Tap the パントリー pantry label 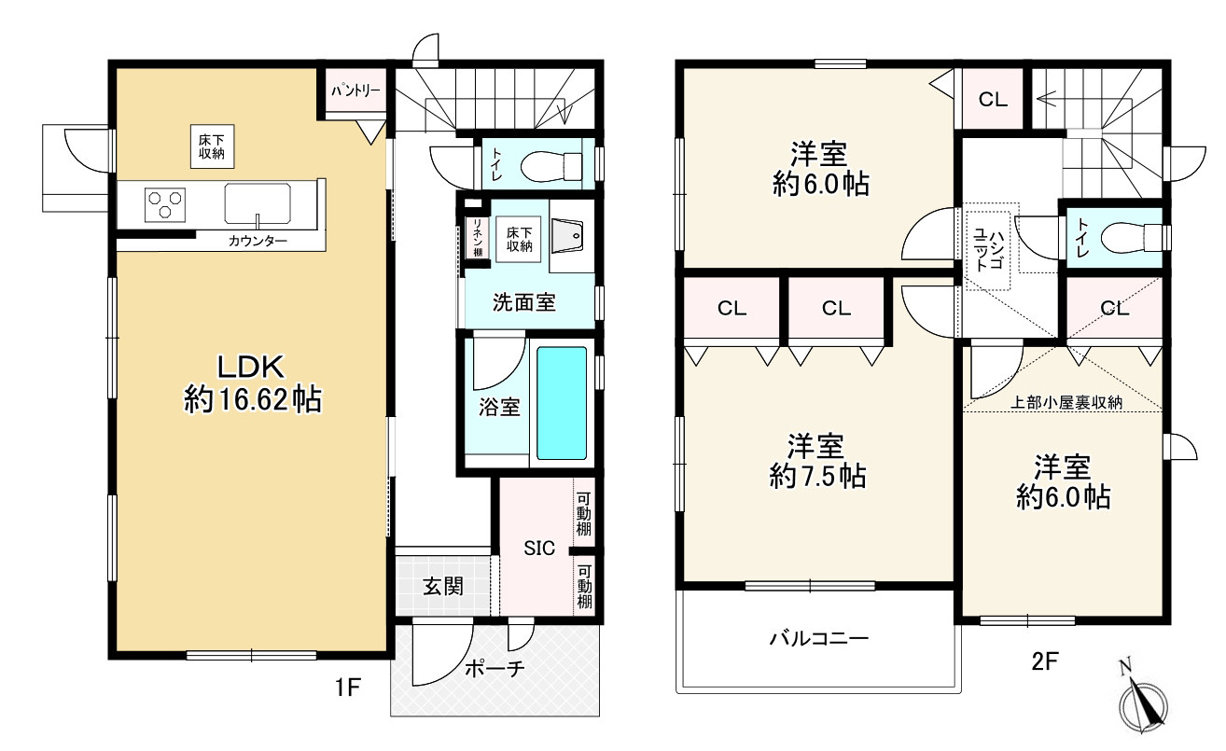pyautogui.click(x=355, y=90)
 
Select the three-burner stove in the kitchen pyautogui.click(x=165, y=204)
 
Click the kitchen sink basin pyautogui.click(x=258, y=203)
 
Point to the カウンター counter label pyautogui.click(x=258, y=241)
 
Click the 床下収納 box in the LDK pyautogui.click(x=213, y=146)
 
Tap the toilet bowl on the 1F pyautogui.click(x=550, y=166)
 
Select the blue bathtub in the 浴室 pyautogui.click(x=562, y=403)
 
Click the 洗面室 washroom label pyautogui.click(x=523, y=302)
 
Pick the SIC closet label pyautogui.click(x=539, y=548)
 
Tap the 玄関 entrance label pyautogui.click(x=443, y=587)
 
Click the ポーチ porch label pyautogui.click(x=495, y=668)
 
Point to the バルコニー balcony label pyautogui.click(x=819, y=638)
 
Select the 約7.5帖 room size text pyautogui.click(x=817, y=476)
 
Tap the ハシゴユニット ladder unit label pyautogui.click(x=988, y=250)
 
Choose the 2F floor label pyautogui.click(x=1045, y=661)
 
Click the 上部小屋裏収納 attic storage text pyautogui.click(x=1066, y=402)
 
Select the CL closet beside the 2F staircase pyautogui.click(x=993, y=99)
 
